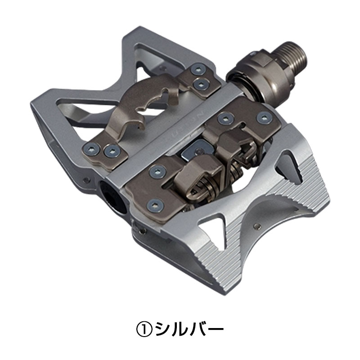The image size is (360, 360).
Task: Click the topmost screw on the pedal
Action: [x=197, y=68]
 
